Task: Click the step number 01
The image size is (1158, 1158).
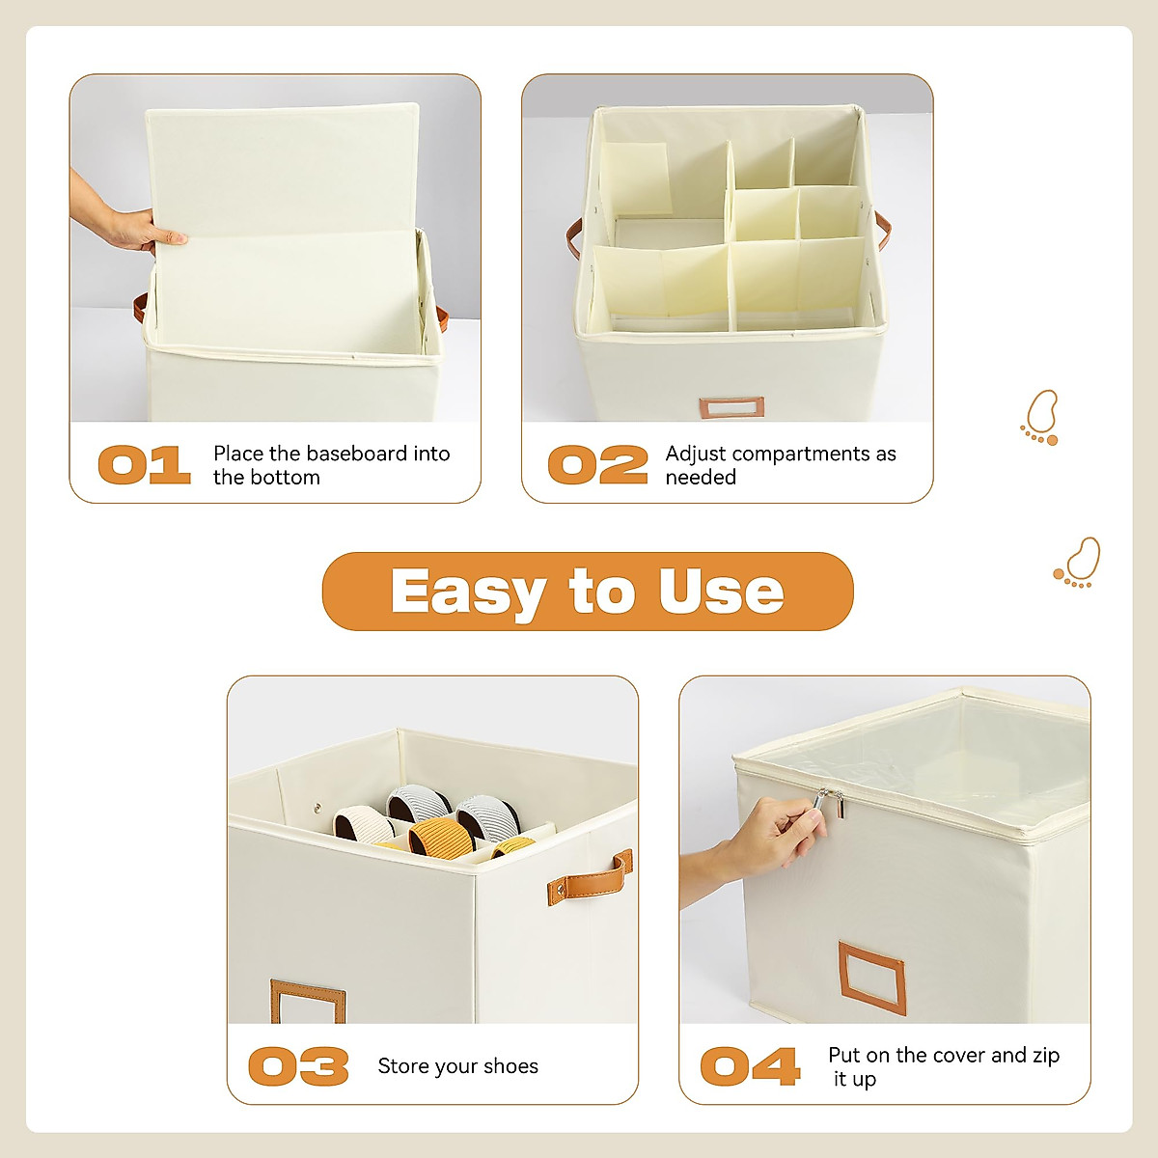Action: coord(144,465)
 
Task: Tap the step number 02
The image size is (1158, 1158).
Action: coord(597,465)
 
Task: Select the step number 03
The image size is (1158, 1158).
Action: coord(298,1066)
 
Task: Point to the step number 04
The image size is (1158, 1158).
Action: coord(750,1066)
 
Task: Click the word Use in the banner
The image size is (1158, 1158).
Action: coord(721,592)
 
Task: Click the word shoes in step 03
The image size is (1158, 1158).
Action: coord(510,1066)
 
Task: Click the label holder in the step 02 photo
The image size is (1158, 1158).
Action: coord(731,407)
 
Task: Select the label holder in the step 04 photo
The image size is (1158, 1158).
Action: coord(871,979)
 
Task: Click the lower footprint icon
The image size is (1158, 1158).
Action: coord(1078,564)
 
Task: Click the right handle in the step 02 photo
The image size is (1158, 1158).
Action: coord(882,232)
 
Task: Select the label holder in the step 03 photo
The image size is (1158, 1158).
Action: coord(308,1002)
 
